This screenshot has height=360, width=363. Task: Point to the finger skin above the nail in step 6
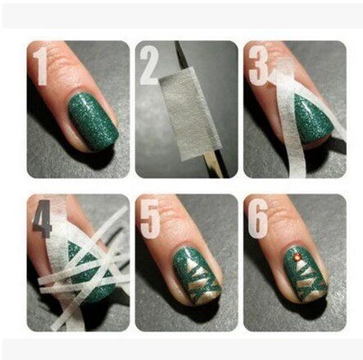click(x=299, y=226)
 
